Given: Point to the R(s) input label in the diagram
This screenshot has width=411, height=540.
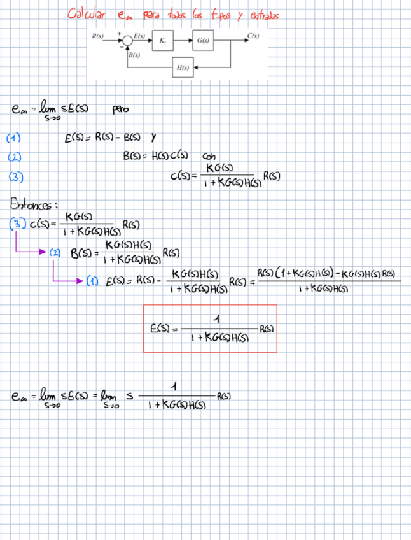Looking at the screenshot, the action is click(x=98, y=36).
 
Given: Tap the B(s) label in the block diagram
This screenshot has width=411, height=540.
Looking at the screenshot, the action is click(x=134, y=55).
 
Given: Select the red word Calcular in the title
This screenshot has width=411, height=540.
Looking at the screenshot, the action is click(x=87, y=14).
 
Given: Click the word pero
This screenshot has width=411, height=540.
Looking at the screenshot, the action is click(x=120, y=110).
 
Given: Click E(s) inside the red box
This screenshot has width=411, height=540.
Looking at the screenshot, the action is click(x=160, y=329).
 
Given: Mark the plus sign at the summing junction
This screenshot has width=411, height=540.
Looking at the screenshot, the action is click(x=118, y=35).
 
